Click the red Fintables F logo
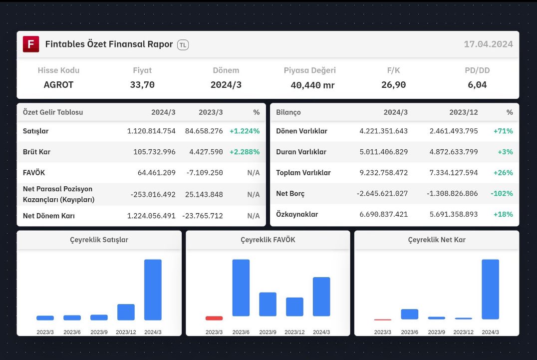(x=31, y=44)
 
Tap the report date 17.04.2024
(x=489, y=44)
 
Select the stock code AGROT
(x=58, y=84)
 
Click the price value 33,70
(x=142, y=84)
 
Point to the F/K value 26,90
(x=393, y=84)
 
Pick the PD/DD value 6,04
(x=477, y=84)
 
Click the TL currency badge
(x=183, y=45)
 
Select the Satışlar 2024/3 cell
(x=151, y=131)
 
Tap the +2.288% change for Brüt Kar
(x=245, y=152)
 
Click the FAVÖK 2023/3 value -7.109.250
(x=205, y=173)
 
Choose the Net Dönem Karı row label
(x=48, y=216)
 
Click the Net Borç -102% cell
(x=502, y=194)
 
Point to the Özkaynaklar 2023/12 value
(x=454, y=214)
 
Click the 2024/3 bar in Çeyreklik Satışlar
(x=153, y=290)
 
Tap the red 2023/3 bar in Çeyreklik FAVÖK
(x=214, y=318)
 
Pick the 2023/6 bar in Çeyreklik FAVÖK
(x=241, y=288)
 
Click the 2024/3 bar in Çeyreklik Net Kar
(x=491, y=290)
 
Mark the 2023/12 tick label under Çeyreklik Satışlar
(x=126, y=332)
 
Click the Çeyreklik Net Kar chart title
(x=437, y=240)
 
